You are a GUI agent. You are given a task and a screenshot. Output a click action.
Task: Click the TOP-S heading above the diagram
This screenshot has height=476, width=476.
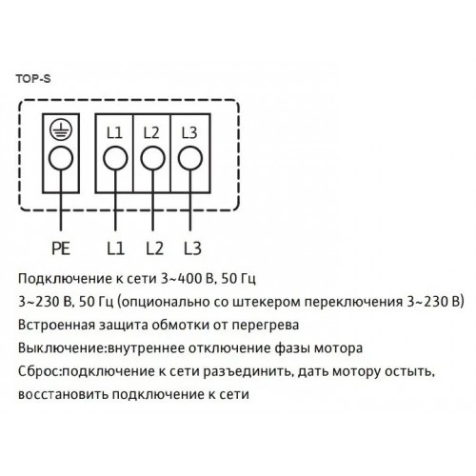tap(33, 79)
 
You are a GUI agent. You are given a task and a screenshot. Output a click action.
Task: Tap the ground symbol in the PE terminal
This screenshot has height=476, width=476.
tap(61, 129)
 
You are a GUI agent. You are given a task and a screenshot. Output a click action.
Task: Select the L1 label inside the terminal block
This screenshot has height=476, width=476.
tap(114, 133)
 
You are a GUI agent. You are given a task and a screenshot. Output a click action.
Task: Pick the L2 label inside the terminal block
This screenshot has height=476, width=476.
tap(151, 133)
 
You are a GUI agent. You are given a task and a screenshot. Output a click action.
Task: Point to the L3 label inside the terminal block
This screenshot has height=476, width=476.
tap(189, 133)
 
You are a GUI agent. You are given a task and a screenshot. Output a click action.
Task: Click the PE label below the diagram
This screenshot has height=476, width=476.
tap(61, 248)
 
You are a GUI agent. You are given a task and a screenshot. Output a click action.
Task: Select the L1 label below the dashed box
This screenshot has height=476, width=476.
tap(115, 248)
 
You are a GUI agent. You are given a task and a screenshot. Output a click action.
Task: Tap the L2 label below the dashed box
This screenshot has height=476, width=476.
tap(155, 248)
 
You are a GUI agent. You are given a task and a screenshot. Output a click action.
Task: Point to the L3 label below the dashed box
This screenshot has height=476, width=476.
tap(193, 248)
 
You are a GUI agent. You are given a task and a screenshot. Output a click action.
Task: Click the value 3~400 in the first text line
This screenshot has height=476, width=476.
tap(179, 279)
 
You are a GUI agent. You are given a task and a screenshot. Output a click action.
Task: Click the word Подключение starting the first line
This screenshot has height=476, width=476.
tap(64, 280)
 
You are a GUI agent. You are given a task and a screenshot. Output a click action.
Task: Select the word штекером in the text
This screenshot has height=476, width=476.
tap(267, 303)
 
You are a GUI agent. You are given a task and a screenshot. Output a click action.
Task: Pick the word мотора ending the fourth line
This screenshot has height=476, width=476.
tap(338, 348)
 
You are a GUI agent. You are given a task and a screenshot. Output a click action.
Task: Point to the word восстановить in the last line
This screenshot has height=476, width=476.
tap(63, 395)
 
